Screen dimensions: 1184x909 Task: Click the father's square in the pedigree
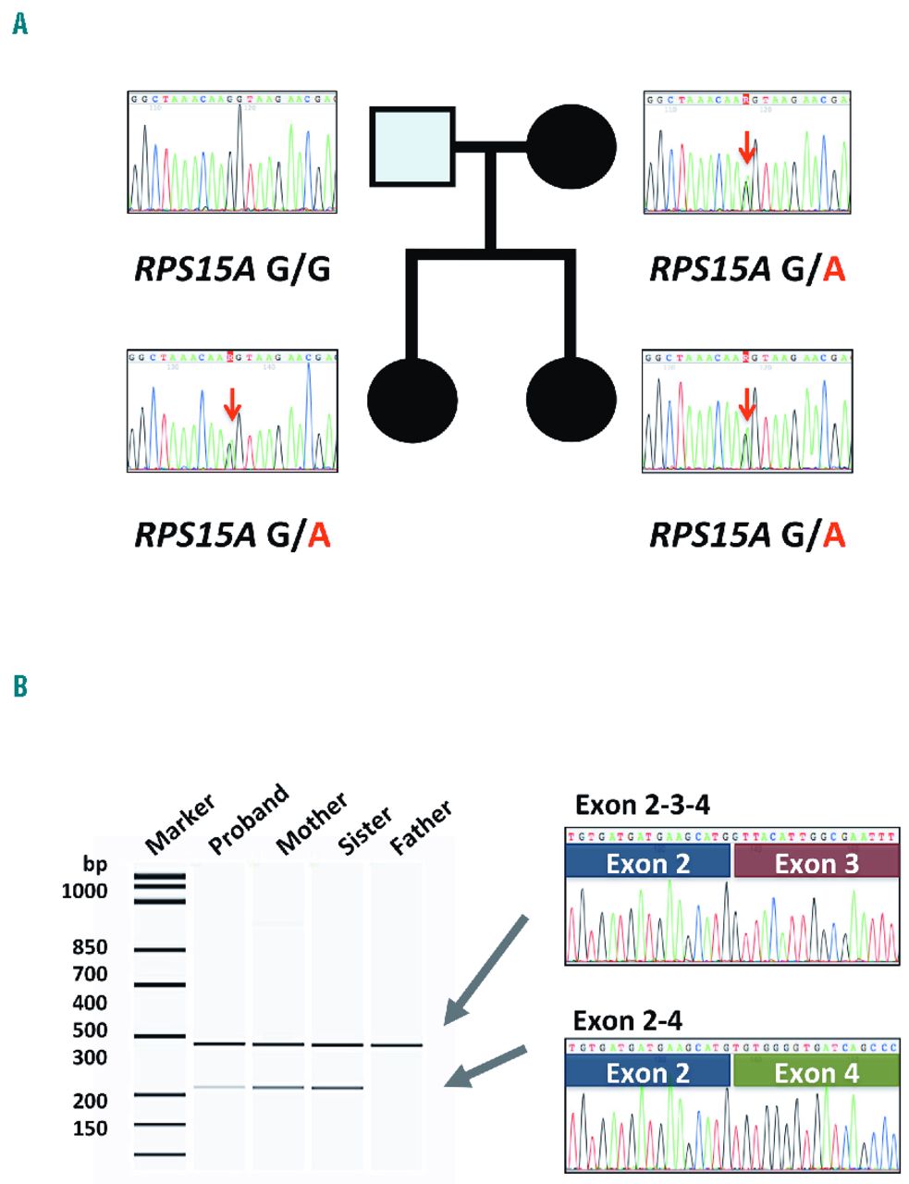pos(412,146)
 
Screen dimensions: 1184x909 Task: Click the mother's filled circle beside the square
pos(571,146)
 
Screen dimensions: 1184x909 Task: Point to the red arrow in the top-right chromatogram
pos(747,147)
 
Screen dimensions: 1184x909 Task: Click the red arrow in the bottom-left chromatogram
pos(232,403)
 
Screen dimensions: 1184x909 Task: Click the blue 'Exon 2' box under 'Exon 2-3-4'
pos(647,863)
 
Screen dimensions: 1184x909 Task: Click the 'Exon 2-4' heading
pos(627,1021)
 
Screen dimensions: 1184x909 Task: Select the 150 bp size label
pos(91,1128)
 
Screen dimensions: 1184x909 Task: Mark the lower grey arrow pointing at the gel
pos(486,1067)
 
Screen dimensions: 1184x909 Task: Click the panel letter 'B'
pos(19,686)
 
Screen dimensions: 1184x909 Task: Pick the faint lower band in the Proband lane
pos(219,1087)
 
